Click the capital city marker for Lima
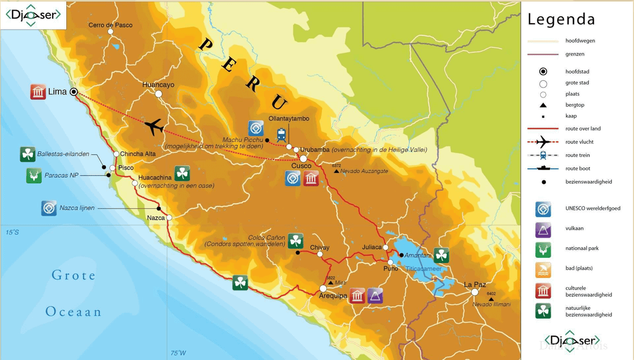coord(74,92)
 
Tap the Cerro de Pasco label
coord(110,25)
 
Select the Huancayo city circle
coord(158,94)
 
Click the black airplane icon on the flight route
coord(153,127)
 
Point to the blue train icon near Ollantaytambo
coord(281,134)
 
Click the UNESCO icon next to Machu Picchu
coord(256,128)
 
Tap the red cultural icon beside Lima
coord(38,92)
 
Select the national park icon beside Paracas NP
coord(34,176)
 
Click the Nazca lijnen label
coord(77,208)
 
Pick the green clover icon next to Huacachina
coord(182,173)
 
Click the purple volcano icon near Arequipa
coord(375,296)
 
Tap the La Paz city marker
coord(475,292)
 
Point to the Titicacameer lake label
coord(423,269)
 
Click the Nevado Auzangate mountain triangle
coord(337,171)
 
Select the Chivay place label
coord(319,247)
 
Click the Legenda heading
coord(561,20)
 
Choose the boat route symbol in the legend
coord(543,169)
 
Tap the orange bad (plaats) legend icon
coord(543,269)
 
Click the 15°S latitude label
coord(12,232)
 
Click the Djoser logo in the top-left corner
coord(33,15)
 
